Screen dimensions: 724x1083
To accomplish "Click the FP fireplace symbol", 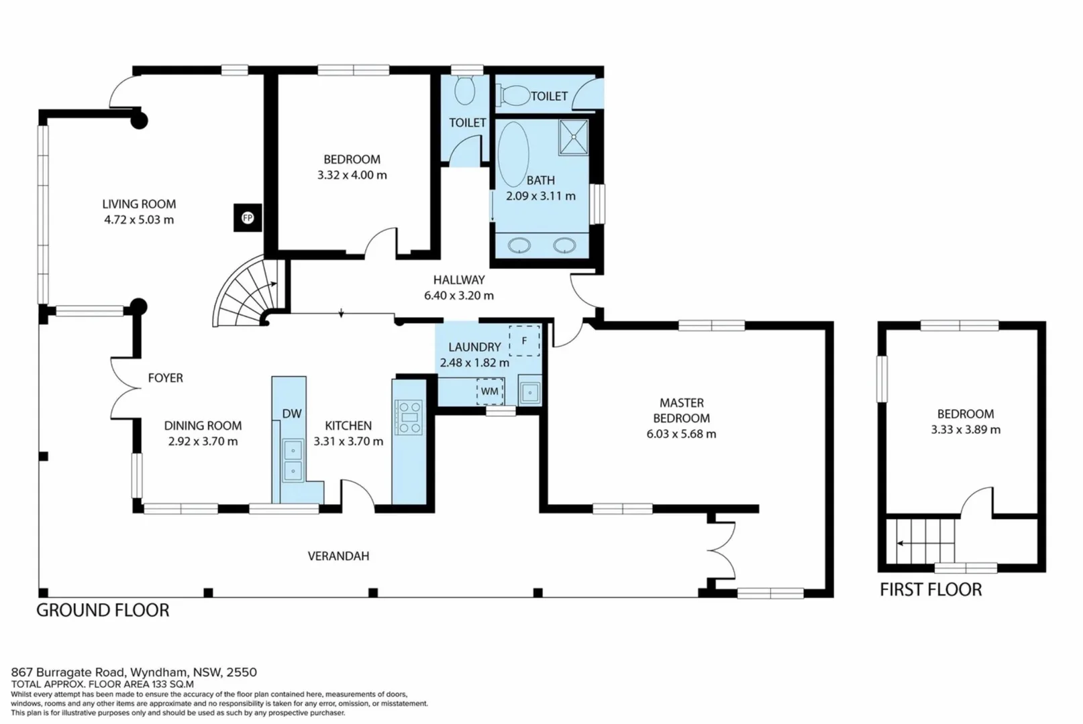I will point(248,218).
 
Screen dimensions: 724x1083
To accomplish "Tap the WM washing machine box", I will point(490,391).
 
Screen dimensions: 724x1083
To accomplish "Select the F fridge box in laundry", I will point(524,341).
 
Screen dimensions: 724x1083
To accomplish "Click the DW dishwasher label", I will point(291,414).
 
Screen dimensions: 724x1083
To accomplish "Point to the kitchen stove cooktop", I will point(409,417).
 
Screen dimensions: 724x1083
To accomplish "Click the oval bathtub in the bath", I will point(513,154).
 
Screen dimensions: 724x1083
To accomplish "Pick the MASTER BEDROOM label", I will point(681,410).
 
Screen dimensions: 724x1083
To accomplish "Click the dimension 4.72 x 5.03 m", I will point(139,220).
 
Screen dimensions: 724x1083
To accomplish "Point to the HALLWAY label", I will point(459,280).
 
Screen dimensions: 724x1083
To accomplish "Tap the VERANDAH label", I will point(338,556).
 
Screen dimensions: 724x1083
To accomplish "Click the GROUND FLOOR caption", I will point(103,610).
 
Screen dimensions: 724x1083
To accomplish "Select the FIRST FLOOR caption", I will point(931,590).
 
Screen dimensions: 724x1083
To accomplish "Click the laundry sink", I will point(530,391).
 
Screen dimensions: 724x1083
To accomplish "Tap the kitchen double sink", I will point(293,461).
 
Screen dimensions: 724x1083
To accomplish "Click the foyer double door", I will point(122,387).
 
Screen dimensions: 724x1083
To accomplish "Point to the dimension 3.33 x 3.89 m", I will point(965,430).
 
